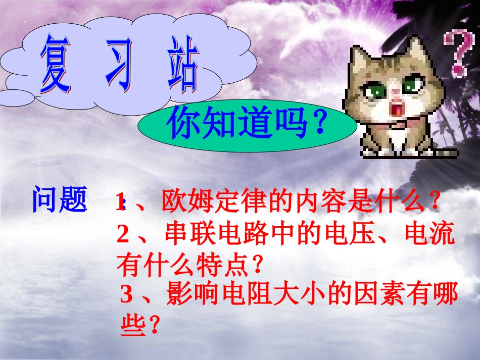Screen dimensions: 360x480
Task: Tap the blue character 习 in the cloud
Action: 121,64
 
